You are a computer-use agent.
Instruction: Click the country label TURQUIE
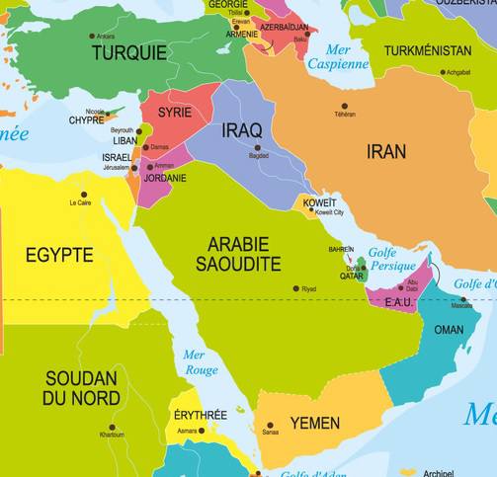point(129,52)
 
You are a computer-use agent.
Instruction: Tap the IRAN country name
point(385,151)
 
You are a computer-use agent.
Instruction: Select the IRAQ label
point(242,130)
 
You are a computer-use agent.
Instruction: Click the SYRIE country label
point(175,113)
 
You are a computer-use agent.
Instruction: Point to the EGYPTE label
point(59,255)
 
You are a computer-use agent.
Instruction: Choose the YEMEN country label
point(314,424)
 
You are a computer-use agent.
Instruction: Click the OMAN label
point(449,330)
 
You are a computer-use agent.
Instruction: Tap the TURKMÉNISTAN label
point(427,49)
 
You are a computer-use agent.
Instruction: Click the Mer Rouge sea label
point(201,362)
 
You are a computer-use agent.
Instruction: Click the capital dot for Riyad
point(295,288)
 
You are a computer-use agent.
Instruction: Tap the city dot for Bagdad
point(258,148)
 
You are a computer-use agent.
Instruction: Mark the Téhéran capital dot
point(345,106)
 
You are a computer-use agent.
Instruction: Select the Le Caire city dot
point(84,195)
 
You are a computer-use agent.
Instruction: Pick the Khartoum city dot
point(111,428)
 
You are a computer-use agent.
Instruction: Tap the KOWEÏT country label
point(319,202)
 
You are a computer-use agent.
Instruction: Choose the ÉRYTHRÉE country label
point(201,415)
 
